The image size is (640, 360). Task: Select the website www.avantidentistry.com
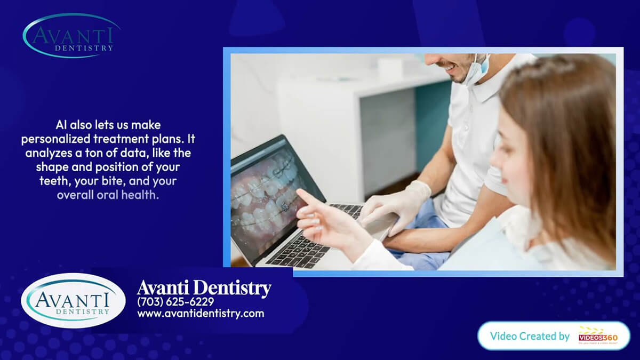coord(201,314)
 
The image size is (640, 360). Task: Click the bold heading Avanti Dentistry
coord(204,288)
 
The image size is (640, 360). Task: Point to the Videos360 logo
coord(598,337)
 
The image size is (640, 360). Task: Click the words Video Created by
coord(530,336)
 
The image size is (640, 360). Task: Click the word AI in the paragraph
coord(62,125)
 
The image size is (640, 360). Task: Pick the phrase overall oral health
coord(108,195)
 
